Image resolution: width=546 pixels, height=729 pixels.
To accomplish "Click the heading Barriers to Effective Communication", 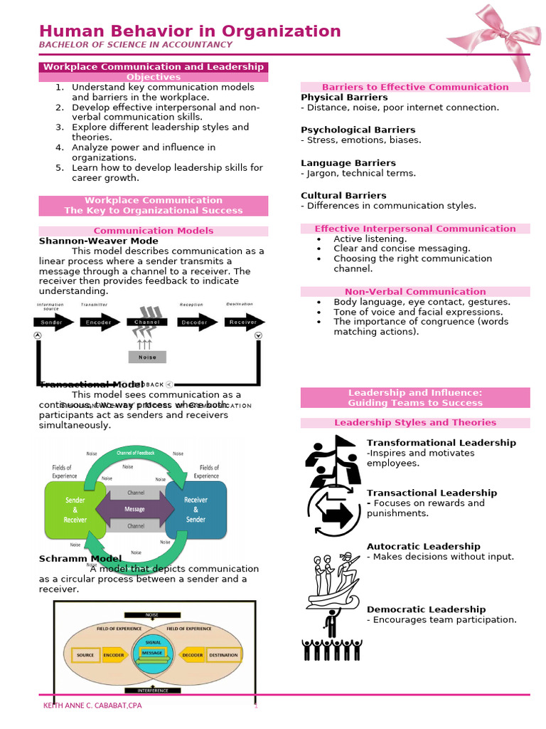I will click(415, 87).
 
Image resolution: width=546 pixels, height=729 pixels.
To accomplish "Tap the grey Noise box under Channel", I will click(147, 357).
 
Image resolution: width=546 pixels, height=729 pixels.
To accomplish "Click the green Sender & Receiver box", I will click(75, 510).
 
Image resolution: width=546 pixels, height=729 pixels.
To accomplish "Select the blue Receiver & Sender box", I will click(196, 510).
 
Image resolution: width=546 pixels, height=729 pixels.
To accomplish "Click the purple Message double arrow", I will click(135, 510).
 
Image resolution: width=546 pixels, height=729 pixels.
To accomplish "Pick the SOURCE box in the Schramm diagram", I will click(85, 655).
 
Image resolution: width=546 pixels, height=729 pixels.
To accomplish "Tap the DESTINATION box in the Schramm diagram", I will click(223, 655).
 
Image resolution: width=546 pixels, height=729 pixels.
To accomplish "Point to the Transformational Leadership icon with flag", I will click(332, 461).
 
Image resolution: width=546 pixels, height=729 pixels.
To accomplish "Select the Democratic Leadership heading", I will click(426, 609).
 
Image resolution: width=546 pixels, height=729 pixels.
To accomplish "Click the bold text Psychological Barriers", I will click(358, 130).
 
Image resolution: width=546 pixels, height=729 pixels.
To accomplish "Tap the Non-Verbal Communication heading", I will click(415, 291).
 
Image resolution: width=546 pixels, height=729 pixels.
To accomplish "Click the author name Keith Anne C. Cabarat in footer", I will click(92, 706).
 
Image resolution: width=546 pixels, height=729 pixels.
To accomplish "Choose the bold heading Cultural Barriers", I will click(343, 195).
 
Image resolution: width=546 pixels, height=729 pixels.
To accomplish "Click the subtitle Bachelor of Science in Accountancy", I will click(135, 45).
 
